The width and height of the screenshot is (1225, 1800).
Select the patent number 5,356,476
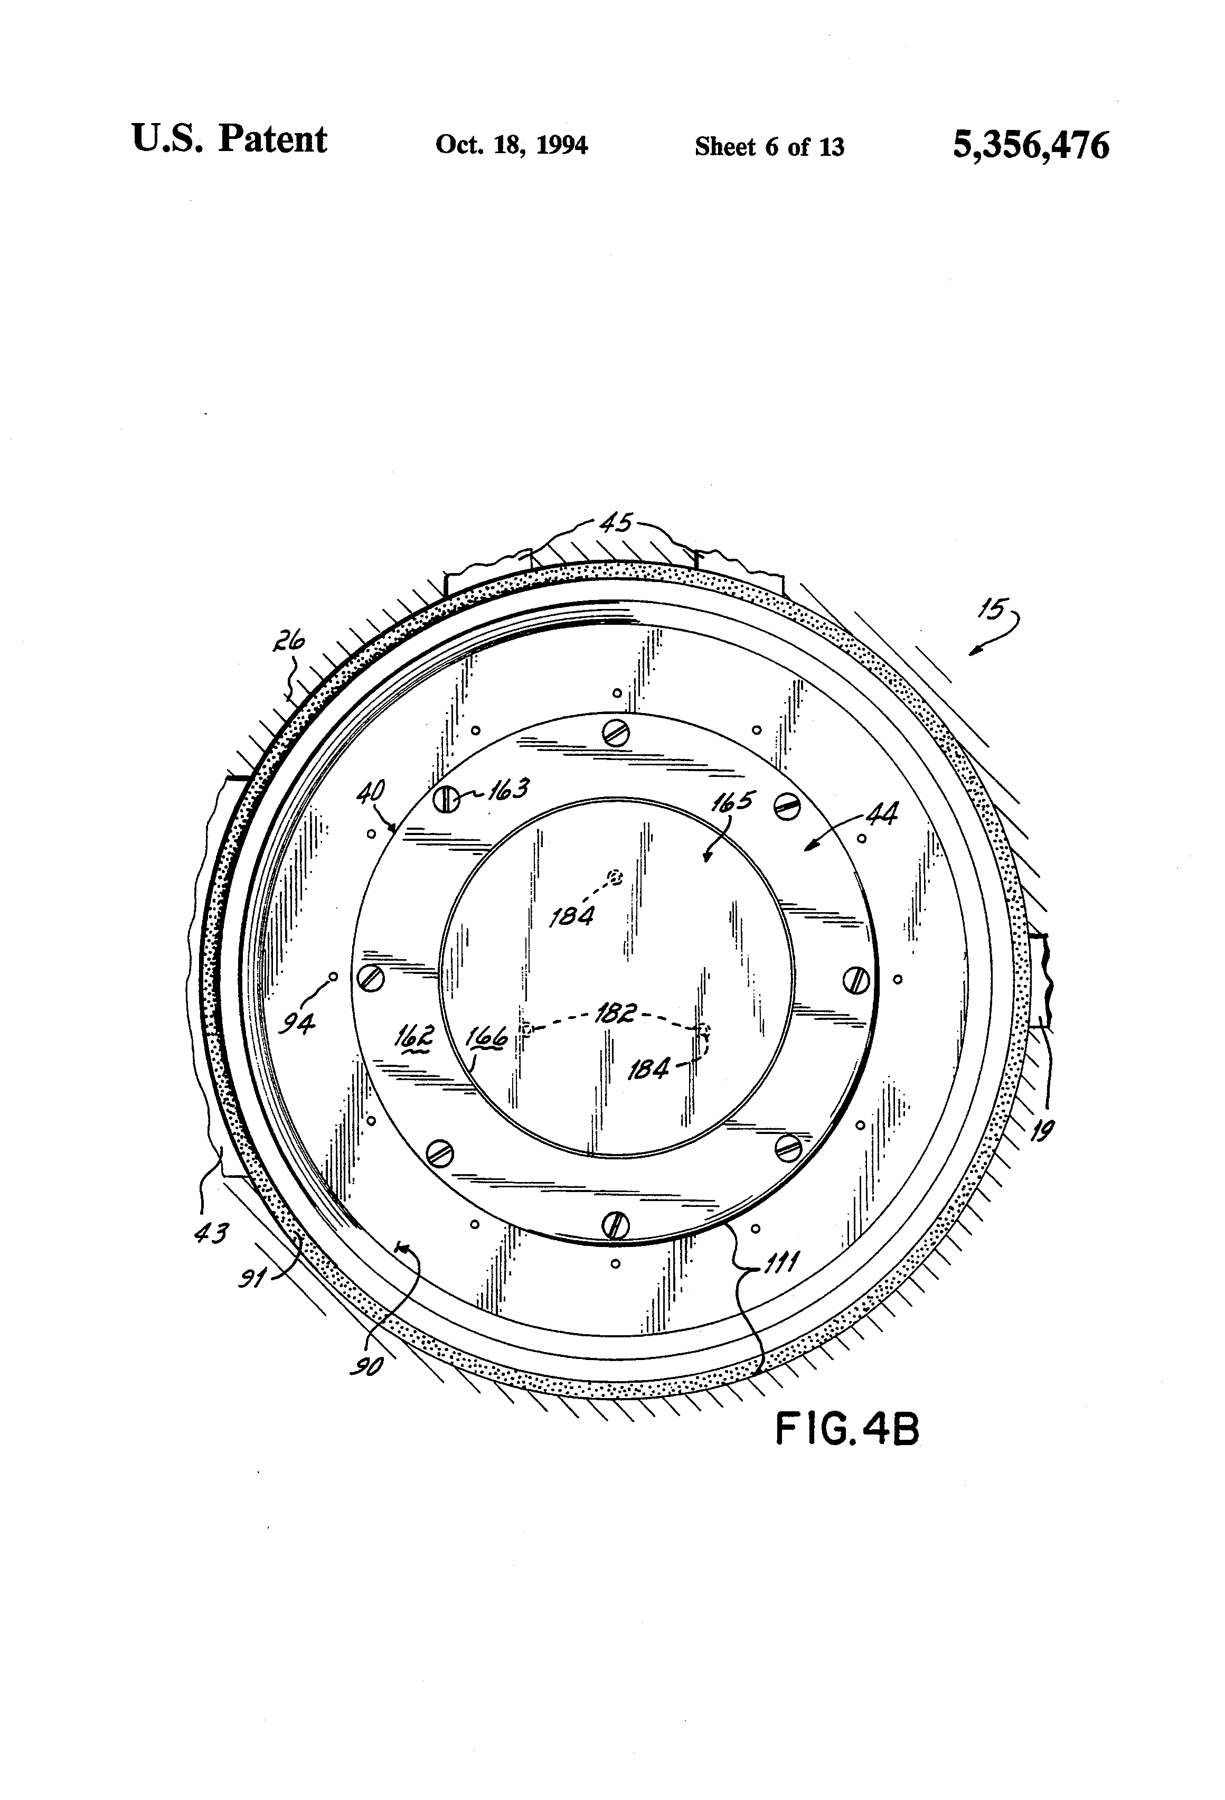(x=1031, y=145)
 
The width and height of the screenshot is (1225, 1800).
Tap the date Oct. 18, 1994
(x=511, y=145)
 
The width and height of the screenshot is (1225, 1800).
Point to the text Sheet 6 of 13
(x=769, y=146)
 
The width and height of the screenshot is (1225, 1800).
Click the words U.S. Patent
(x=230, y=140)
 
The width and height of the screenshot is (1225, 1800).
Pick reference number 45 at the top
(x=616, y=524)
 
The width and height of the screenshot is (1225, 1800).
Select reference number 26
(x=288, y=642)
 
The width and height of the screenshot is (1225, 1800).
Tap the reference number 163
(x=508, y=790)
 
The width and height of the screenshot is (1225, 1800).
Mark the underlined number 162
(x=413, y=1036)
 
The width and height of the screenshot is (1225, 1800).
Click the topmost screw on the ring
(x=616, y=734)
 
